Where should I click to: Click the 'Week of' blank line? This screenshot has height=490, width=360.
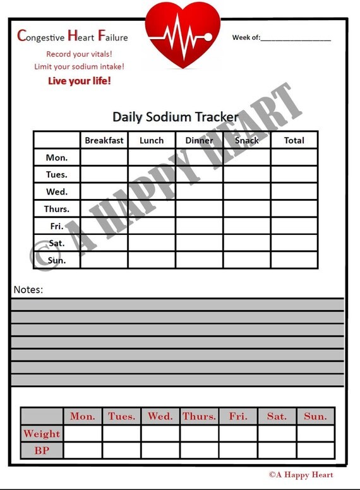pyautogui.click(x=296, y=39)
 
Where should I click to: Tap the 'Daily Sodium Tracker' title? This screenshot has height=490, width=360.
pyautogui.click(x=175, y=117)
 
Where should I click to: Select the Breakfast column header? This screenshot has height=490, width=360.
pyautogui.click(x=104, y=140)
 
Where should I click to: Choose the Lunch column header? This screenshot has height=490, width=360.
pyautogui.click(x=152, y=140)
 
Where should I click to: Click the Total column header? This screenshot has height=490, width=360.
pyautogui.click(x=294, y=140)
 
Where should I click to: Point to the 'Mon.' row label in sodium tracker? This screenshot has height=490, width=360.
pyautogui.click(x=57, y=157)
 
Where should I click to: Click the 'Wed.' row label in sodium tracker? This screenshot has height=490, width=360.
pyautogui.click(x=57, y=191)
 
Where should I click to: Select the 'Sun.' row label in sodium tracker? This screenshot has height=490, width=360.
pyautogui.click(x=57, y=260)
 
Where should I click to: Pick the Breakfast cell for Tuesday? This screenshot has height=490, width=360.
pyautogui.click(x=104, y=174)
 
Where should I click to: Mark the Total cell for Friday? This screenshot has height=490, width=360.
pyautogui.click(x=294, y=225)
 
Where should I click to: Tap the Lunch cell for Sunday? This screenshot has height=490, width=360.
pyautogui.click(x=152, y=260)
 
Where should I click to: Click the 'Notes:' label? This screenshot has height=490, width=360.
pyautogui.click(x=28, y=290)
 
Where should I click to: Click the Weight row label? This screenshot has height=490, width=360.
pyautogui.click(x=42, y=434)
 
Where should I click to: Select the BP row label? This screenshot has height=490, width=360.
pyautogui.click(x=42, y=451)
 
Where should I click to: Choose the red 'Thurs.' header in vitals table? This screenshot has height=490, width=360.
pyautogui.click(x=199, y=416)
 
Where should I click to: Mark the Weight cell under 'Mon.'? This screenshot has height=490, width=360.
pyautogui.click(x=83, y=434)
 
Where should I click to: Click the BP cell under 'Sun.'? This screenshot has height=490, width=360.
pyautogui.click(x=315, y=451)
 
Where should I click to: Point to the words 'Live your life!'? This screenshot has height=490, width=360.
pyautogui.click(x=80, y=81)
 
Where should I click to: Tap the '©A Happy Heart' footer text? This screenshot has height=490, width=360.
pyautogui.click(x=301, y=475)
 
